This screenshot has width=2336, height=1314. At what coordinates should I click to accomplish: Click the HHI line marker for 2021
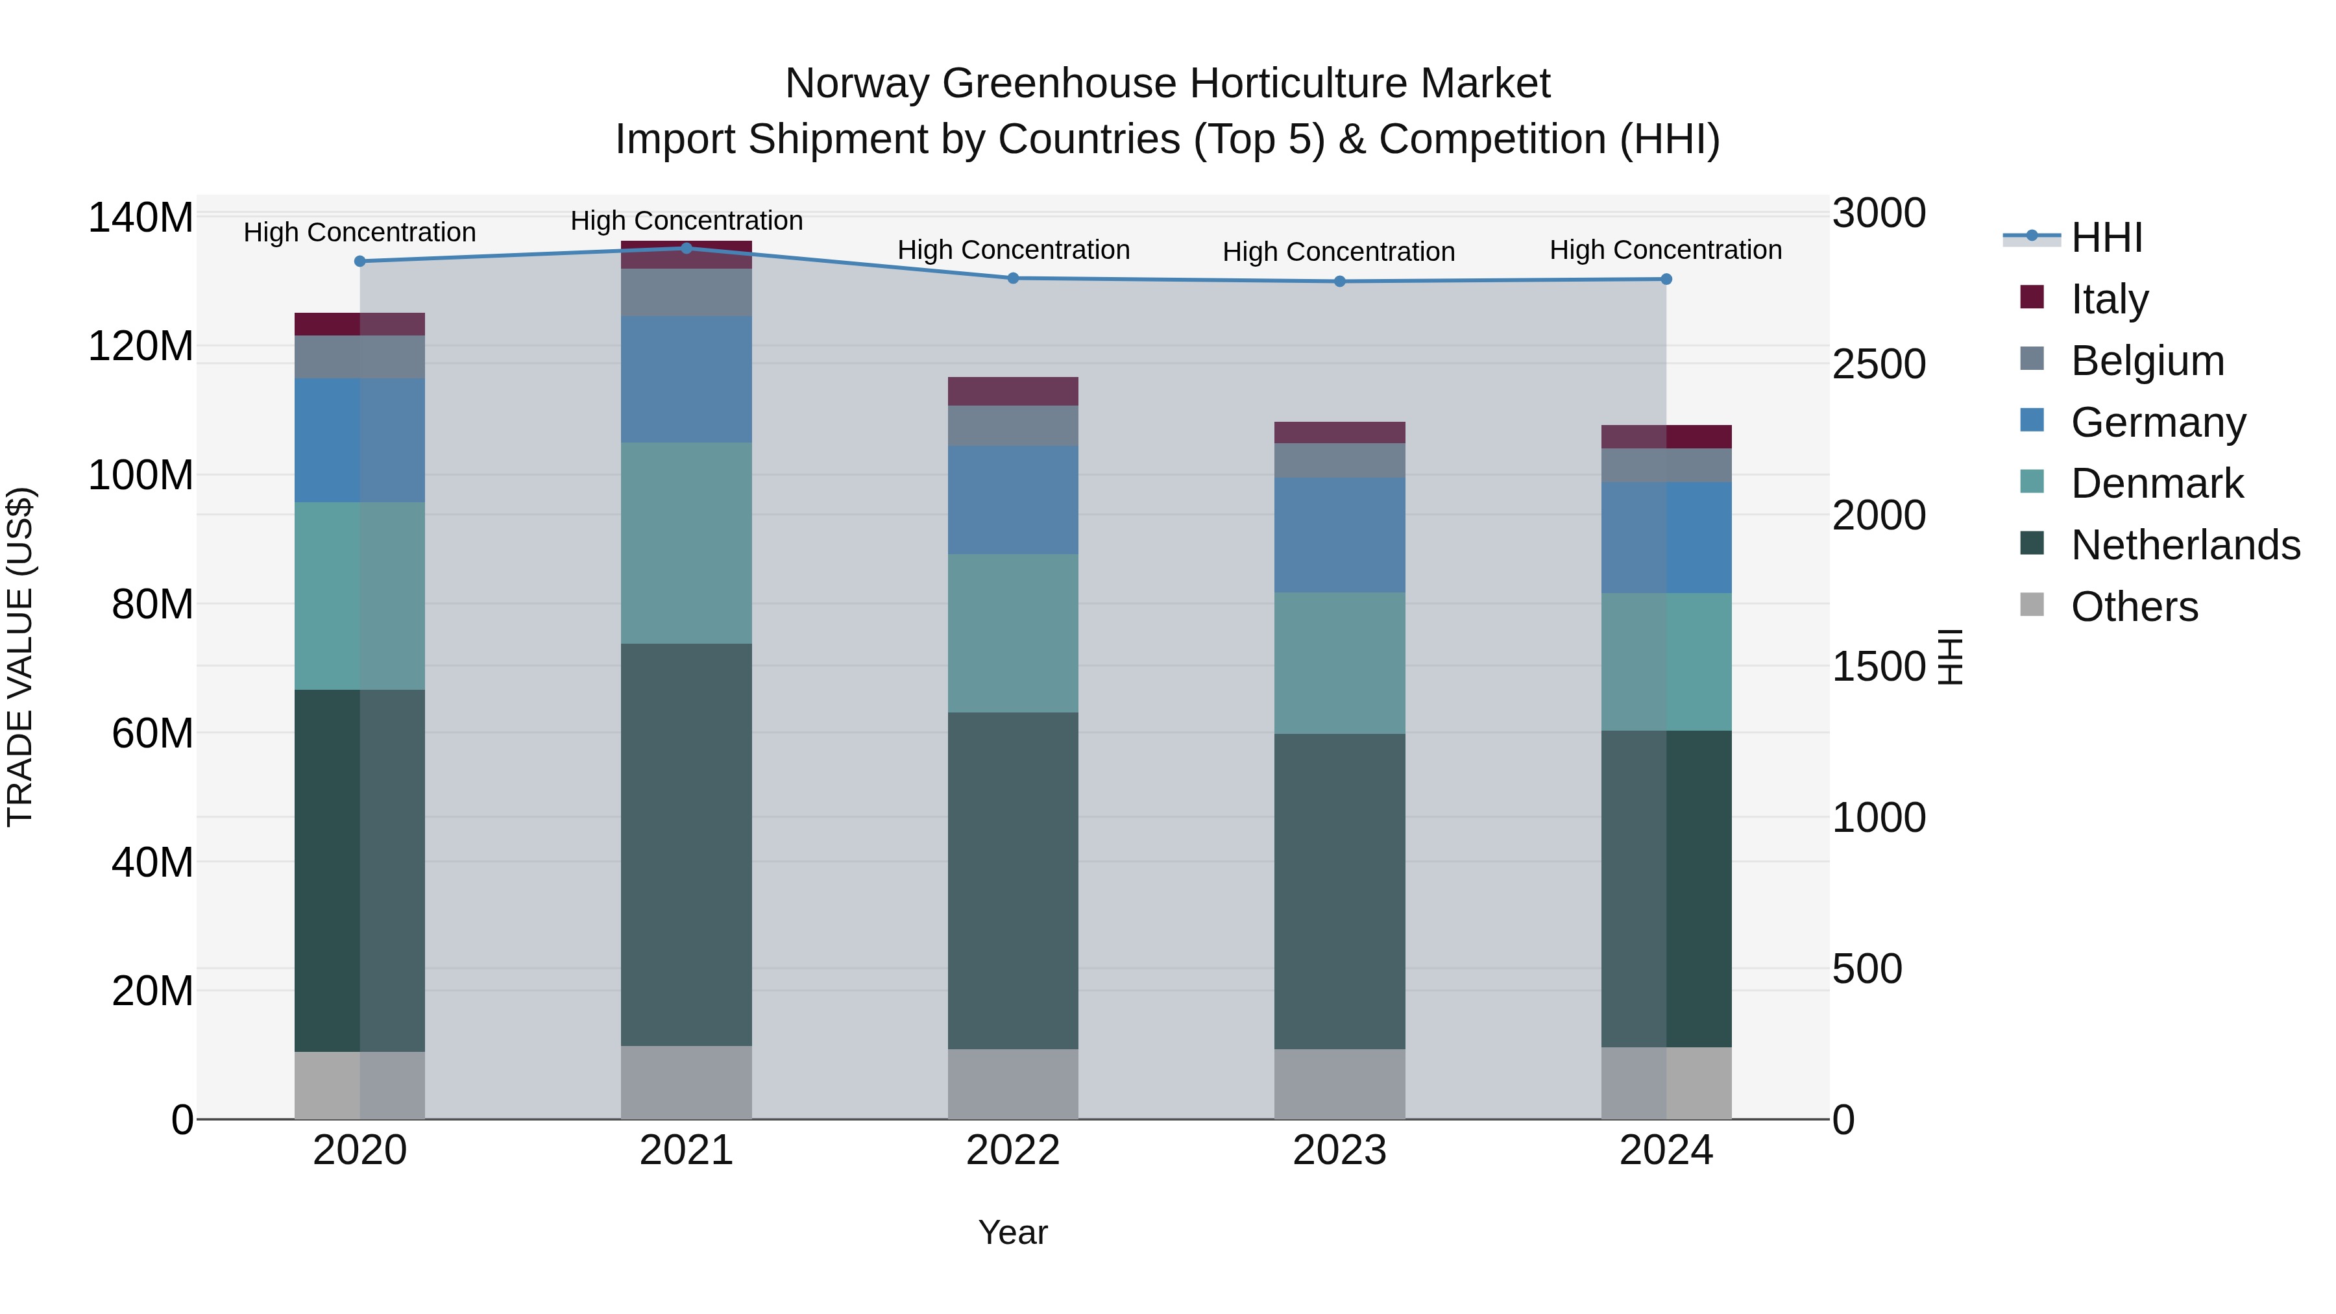tap(687, 249)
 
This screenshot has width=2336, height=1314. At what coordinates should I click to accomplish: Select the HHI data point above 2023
tap(1339, 281)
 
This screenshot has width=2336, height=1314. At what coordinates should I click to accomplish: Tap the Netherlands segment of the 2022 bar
tap(1013, 880)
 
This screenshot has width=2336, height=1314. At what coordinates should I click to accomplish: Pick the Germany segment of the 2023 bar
tap(1339, 535)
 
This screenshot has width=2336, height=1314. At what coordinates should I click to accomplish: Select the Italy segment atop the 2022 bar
tap(1013, 391)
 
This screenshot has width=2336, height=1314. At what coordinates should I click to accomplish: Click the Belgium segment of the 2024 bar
tap(1666, 465)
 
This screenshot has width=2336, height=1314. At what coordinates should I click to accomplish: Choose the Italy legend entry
tap(2110, 299)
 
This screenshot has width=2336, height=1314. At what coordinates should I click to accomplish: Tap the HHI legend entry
tap(2106, 237)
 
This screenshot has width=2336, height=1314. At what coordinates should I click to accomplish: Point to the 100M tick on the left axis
tap(141, 475)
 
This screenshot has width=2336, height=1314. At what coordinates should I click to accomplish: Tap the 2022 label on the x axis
tap(1013, 1150)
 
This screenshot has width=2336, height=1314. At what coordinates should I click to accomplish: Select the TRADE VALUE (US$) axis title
tap(20, 657)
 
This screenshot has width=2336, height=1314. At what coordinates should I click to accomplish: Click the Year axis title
tap(1013, 1232)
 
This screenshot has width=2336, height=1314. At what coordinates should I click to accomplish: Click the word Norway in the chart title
tap(857, 84)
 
